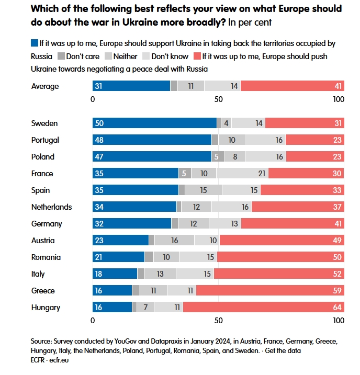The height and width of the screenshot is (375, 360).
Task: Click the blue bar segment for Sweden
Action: click(x=155, y=123)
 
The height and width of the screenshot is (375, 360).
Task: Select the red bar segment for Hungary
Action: click(x=263, y=308)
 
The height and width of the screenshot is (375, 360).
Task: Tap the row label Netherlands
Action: click(x=51, y=207)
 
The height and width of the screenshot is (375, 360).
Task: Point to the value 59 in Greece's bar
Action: click(x=337, y=291)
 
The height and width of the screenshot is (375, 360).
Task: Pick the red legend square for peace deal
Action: click(x=197, y=56)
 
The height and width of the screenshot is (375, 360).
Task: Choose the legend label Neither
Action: click(x=125, y=56)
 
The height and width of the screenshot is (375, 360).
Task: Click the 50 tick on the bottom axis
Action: click(x=219, y=320)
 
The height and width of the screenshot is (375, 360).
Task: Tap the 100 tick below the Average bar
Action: click(x=339, y=99)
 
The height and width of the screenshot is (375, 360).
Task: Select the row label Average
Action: click(x=45, y=86)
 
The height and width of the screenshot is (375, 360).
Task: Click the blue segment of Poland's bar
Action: click(x=152, y=157)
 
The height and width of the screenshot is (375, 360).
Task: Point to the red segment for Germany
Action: click(x=292, y=224)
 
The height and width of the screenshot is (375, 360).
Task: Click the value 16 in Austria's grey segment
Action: click(x=175, y=241)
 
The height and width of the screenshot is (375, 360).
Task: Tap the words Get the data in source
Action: click(x=283, y=350)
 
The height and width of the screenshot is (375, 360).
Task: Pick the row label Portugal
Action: click(x=45, y=140)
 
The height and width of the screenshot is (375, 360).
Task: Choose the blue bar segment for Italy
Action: click(x=115, y=274)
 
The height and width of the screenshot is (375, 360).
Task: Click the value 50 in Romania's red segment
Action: click(x=337, y=257)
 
